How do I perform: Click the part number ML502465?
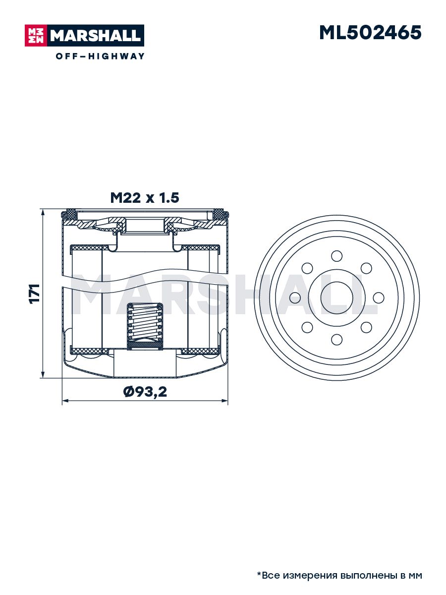pos(370,33)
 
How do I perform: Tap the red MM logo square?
pos(36,36)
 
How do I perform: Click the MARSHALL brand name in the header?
pos(96,36)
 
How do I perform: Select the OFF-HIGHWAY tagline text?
pos(100,56)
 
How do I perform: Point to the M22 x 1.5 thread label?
pos(145,198)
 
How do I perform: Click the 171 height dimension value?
pos(34,294)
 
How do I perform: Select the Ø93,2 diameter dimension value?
pos(145,392)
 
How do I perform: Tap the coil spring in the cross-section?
pos(145,323)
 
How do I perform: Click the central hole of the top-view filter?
pos(337,297)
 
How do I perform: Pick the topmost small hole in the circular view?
pos(337,256)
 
